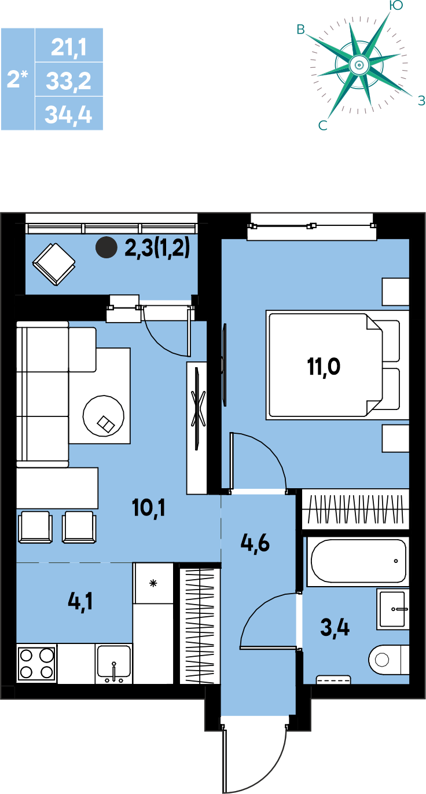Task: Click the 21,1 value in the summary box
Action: pyautogui.click(x=69, y=47)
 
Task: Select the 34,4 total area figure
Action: pyautogui.click(x=69, y=115)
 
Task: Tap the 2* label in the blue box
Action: pyautogui.click(x=17, y=79)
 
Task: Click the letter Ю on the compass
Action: pyautogui.click(x=395, y=5)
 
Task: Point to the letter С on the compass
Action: pyautogui.click(x=322, y=126)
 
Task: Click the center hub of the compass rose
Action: pyautogui.click(x=359, y=65)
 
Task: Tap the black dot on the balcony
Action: pyautogui.click(x=106, y=247)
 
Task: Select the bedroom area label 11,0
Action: pyautogui.click(x=324, y=367)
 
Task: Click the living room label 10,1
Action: pyautogui.click(x=149, y=508)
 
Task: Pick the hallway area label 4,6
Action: pyautogui.click(x=255, y=543)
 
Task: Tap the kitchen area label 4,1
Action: pyautogui.click(x=80, y=601)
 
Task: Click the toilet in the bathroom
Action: pyautogui.click(x=388, y=660)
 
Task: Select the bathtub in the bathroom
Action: pyautogui.click(x=358, y=561)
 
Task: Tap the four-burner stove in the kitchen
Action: pyautogui.click(x=37, y=663)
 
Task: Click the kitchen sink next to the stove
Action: pyautogui.click(x=113, y=664)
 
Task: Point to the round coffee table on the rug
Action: pyautogui.click(x=104, y=416)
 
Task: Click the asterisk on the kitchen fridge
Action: pyautogui.click(x=153, y=583)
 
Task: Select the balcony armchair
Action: pyautogui.click(x=54, y=264)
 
